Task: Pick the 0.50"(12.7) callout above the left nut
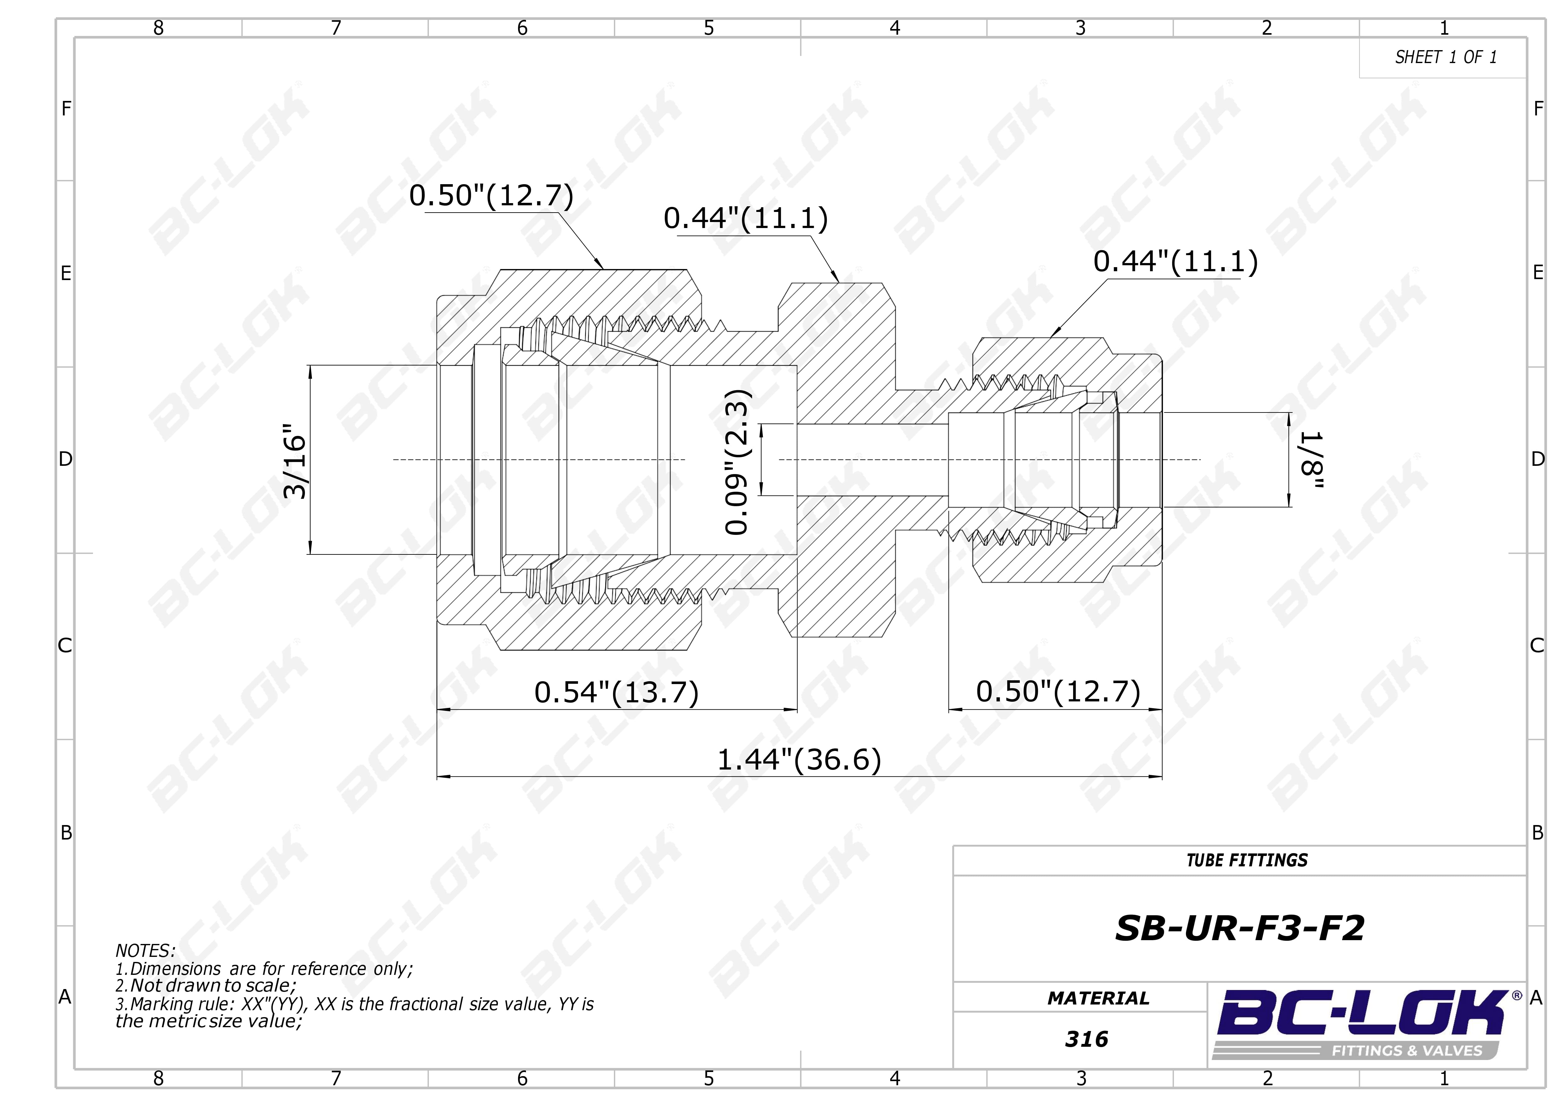[x=491, y=196]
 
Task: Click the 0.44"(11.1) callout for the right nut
[x=1175, y=261]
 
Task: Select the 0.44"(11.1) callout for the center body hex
[x=746, y=218]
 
